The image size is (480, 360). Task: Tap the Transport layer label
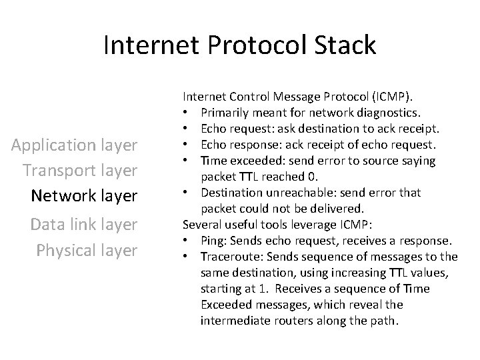80,170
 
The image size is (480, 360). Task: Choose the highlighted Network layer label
85,196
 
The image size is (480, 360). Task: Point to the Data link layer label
84,225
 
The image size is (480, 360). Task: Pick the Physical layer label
87,250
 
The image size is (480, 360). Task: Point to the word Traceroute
229,257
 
